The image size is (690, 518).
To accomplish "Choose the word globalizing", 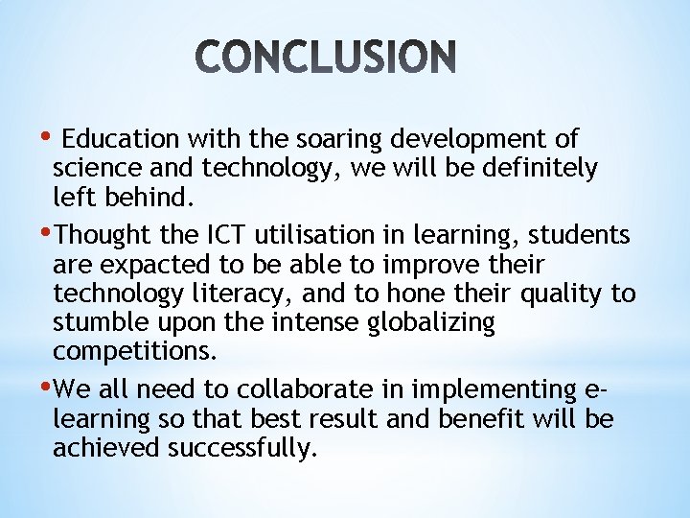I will [x=431, y=322].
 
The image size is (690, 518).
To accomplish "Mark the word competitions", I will [x=135, y=352].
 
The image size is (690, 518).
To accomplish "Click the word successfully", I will [x=241, y=449].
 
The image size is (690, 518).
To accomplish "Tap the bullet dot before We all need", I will [x=49, y=386].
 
